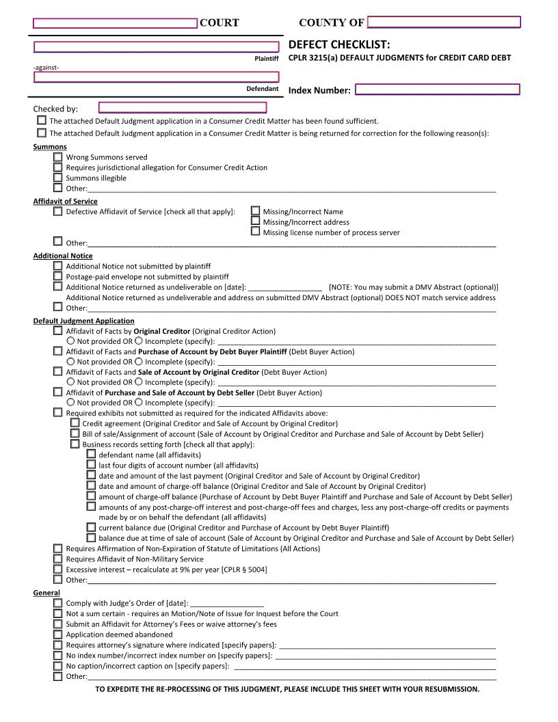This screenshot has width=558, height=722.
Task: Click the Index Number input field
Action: point(438,90)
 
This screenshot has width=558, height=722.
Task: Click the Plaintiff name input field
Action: point(157,47)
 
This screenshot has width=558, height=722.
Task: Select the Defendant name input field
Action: point(157,77)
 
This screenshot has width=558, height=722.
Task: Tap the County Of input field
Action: point(444,22)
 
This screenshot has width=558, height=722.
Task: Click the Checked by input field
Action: point(183,107)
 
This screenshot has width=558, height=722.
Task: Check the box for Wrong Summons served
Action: point(58,157)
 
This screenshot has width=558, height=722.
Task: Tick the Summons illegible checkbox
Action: point(58,178)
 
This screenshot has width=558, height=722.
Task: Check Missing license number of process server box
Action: point(256,232)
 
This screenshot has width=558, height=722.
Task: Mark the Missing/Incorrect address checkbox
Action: point(256,222)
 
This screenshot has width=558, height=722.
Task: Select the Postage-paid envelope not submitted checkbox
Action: point(58,276)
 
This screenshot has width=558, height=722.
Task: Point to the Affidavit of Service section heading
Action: point(66,201)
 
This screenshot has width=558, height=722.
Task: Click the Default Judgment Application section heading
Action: point(83,321)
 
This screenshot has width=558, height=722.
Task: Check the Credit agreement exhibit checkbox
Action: point(75,423)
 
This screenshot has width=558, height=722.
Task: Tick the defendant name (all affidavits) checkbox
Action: point(92,455)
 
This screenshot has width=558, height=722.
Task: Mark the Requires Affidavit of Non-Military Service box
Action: point(58,559)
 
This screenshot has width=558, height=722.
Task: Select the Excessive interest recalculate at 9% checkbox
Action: point(58,569)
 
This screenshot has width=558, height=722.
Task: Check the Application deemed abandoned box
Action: point(58,634)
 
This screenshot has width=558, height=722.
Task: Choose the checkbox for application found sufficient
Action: point(42,120)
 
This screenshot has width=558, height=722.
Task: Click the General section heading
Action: point(46,593)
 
